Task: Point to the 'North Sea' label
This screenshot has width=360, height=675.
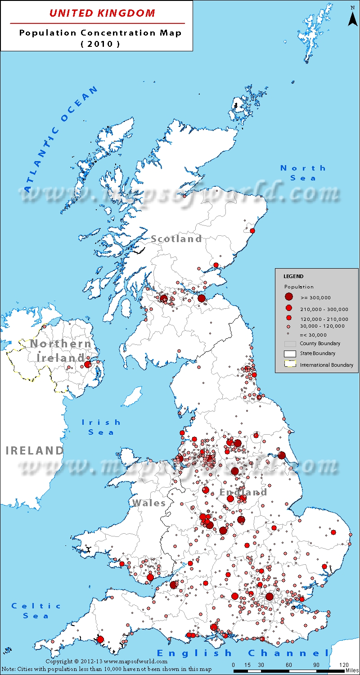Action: tap(303, 173)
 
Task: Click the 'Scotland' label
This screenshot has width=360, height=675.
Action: tap(176, 239)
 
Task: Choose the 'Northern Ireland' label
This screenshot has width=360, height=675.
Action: tap(60, 351)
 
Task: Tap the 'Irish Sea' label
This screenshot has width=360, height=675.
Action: tap(101, 427)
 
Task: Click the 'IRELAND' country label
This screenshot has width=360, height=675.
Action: tap(35, 450)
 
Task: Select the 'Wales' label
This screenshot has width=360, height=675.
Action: tap(149, 503)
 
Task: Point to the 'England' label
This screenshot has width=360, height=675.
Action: tap(243, 492)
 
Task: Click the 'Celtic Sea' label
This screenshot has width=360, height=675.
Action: tap(36, 611)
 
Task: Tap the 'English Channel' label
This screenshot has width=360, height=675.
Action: tap(243, 653)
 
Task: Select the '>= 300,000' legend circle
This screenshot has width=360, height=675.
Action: tap(289, 297)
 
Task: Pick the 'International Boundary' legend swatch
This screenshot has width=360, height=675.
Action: tap(290, 364)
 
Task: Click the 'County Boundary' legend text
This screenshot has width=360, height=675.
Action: tap(320, 343)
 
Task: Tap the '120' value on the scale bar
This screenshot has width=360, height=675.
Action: tap(344, 665)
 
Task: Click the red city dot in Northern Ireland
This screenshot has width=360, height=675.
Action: tap(87, 364)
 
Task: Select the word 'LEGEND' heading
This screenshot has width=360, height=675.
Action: tap(293, 276)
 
